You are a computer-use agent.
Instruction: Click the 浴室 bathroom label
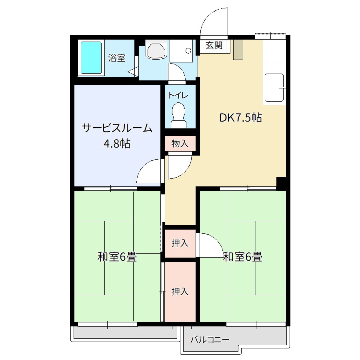(117, 58)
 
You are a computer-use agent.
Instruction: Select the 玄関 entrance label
(214, 45)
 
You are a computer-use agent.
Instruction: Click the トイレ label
(178, 96)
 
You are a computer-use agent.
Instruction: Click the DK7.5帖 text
(240, 118)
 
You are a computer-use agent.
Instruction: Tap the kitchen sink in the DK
(274, 87)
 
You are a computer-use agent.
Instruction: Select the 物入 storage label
(180, 144)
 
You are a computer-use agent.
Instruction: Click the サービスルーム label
(117, 128)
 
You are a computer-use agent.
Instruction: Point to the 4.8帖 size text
(117, 143)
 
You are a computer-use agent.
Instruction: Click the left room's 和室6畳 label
(117, 257)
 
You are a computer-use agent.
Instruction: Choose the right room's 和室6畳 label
(243, 257)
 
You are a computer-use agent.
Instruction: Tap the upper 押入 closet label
(180, 243)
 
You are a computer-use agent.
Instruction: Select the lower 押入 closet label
(180, 292)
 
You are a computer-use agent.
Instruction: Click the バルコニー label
(210, 340)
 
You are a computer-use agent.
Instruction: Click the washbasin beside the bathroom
(156, 51)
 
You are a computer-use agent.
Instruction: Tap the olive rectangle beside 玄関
(238, 50)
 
